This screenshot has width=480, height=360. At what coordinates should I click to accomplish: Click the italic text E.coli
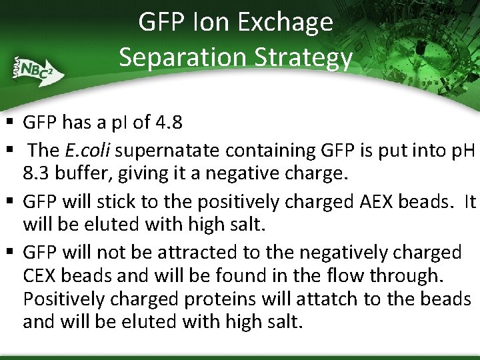88,150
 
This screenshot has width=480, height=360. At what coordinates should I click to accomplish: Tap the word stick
121,201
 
